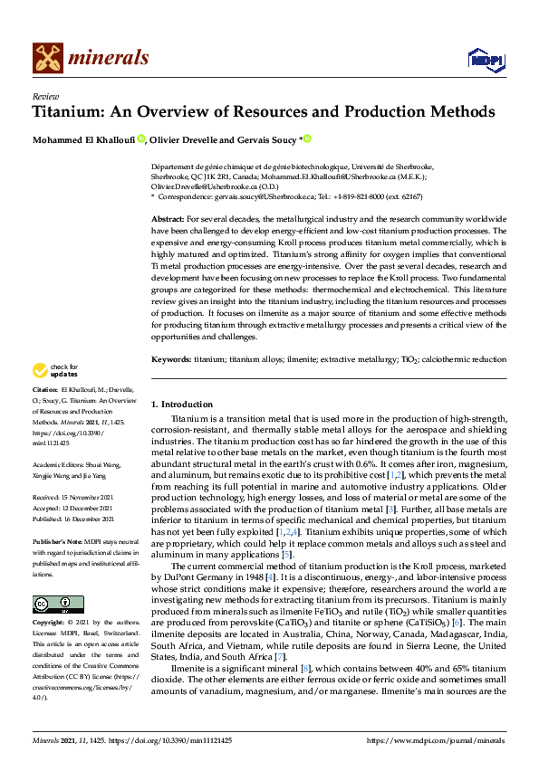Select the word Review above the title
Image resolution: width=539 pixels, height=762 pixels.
tap(43, 95)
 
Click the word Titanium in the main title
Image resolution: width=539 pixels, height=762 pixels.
tap(70, 113)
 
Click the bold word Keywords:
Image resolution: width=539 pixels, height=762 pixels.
tap(171, 359)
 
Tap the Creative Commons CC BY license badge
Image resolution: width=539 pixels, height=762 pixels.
tap(57, 605)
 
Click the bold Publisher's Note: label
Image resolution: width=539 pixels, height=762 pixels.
tap(62, 539)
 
